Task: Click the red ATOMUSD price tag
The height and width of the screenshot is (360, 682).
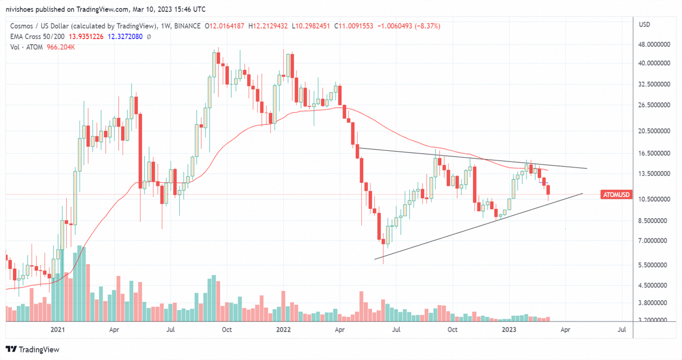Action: pos(616,195)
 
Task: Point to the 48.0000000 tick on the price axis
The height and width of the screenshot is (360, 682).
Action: pos(655,45)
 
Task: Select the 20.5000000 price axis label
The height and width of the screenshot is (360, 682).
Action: pos(655,131)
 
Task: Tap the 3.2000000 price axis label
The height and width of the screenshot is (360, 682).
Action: pos(655,320)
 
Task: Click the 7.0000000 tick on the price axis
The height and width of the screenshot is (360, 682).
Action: pos(655,241)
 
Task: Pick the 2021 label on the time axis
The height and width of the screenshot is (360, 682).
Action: pos(58,329)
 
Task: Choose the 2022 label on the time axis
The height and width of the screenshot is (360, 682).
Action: pos(283,329)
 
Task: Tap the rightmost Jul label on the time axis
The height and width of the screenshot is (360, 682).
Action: pos(622,329)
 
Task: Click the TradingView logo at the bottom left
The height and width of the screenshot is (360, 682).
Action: pos(33,350)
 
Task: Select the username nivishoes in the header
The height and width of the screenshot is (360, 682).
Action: pos(24,9)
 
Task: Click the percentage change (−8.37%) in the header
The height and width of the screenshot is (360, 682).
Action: pos(425,26)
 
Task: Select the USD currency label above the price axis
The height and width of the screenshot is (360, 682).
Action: pos(644,25)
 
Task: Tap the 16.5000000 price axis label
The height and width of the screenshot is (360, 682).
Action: pos(655,154)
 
